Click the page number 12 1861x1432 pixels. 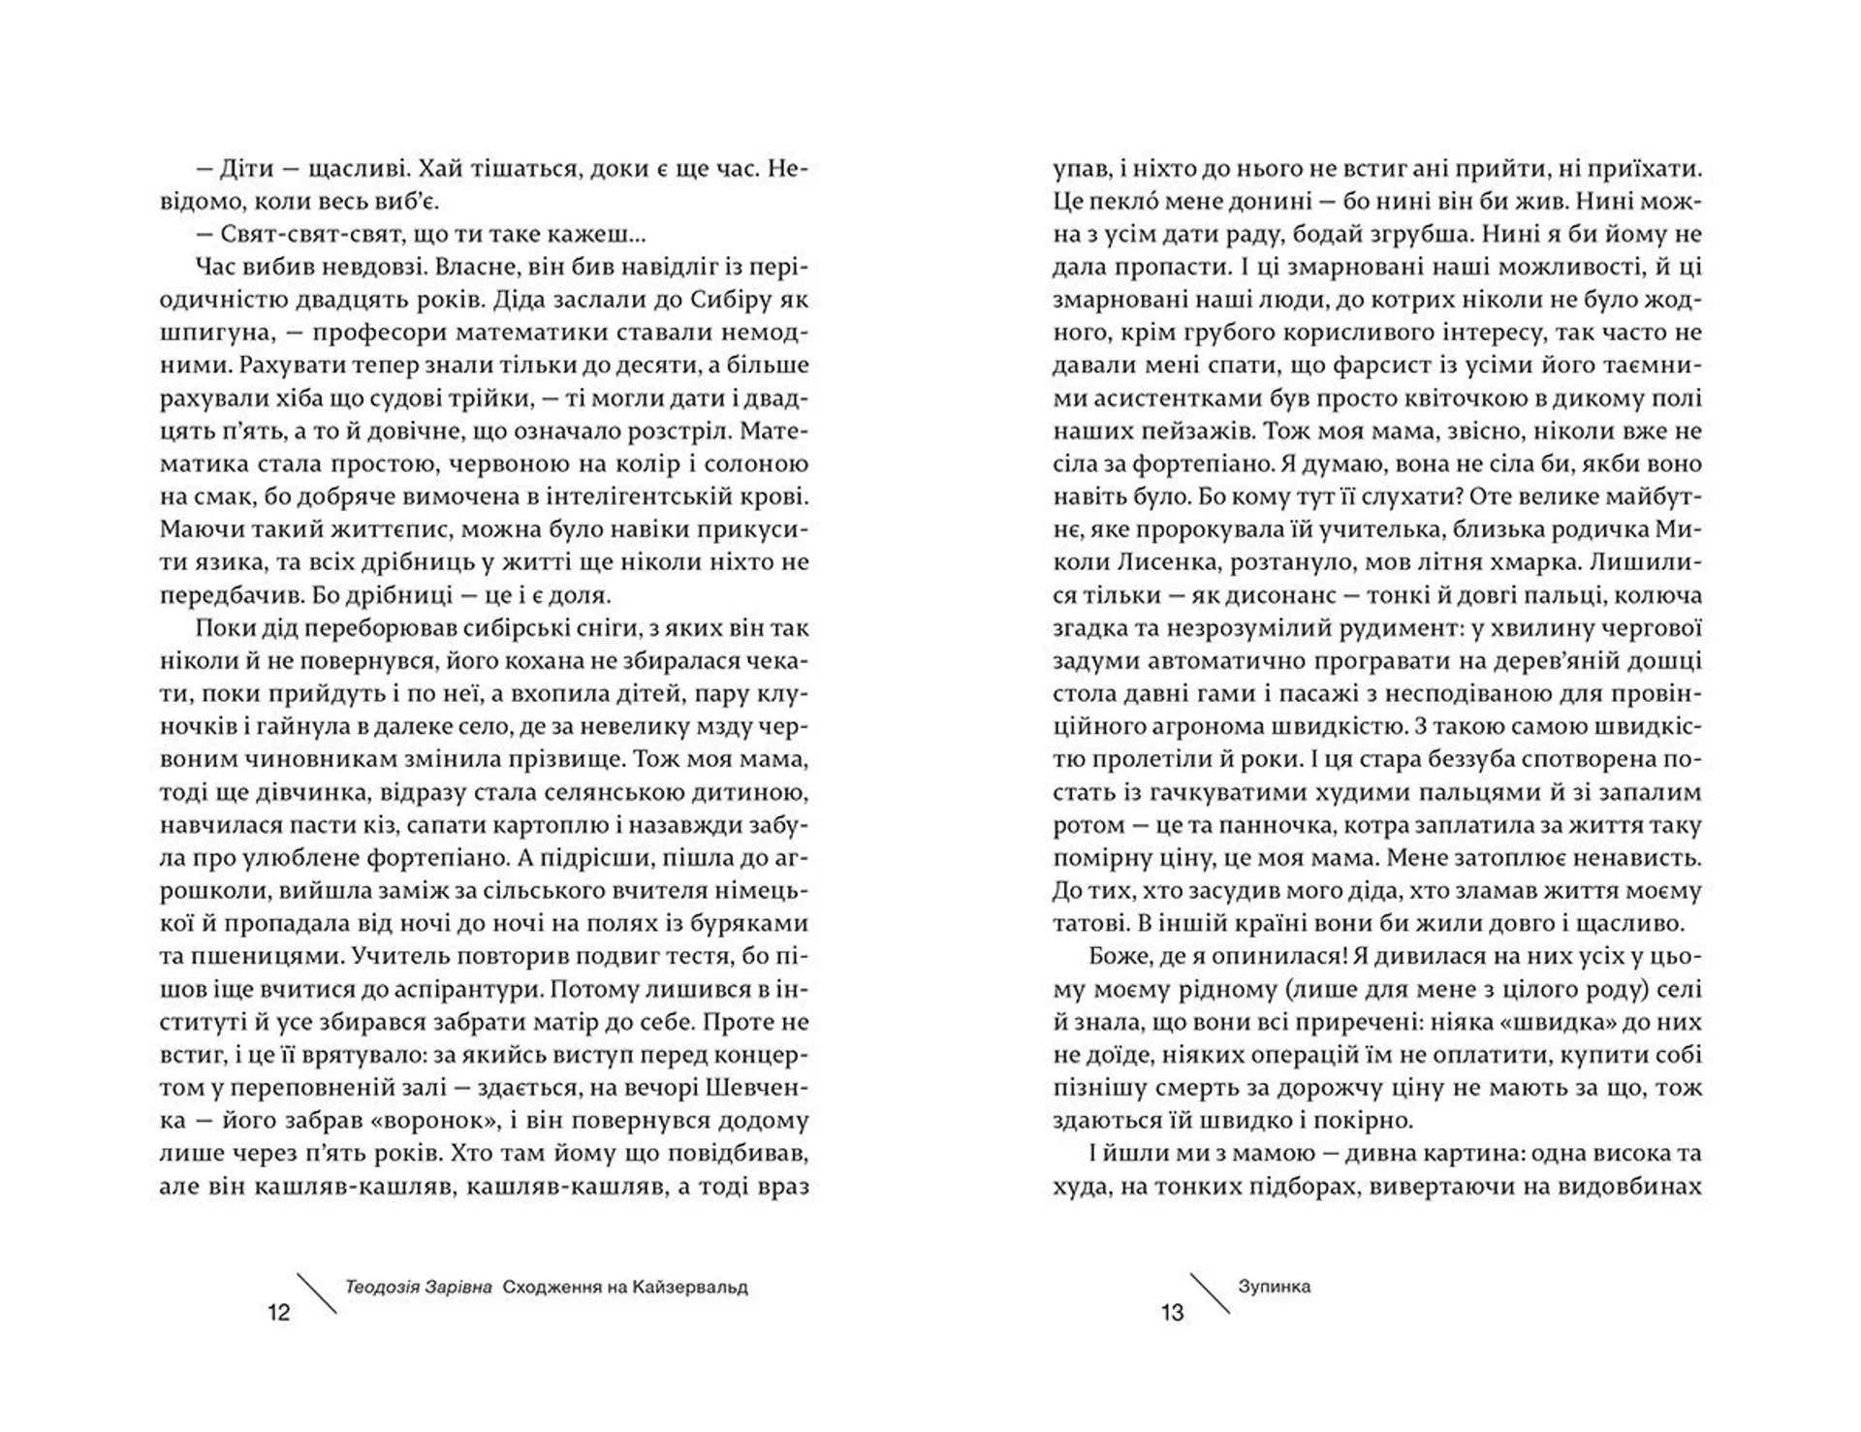[x=278, y=1313]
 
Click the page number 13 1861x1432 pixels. [x=1172, y=1313]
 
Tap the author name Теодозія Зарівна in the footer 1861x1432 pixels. [x=418, y=1288]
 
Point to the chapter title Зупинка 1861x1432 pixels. [x=1274, y=1287]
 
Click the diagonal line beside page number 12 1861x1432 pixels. [x=315, y=1293]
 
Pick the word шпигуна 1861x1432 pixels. [x=210, y=333]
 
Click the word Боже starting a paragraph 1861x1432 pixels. [x=1119, y=956]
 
